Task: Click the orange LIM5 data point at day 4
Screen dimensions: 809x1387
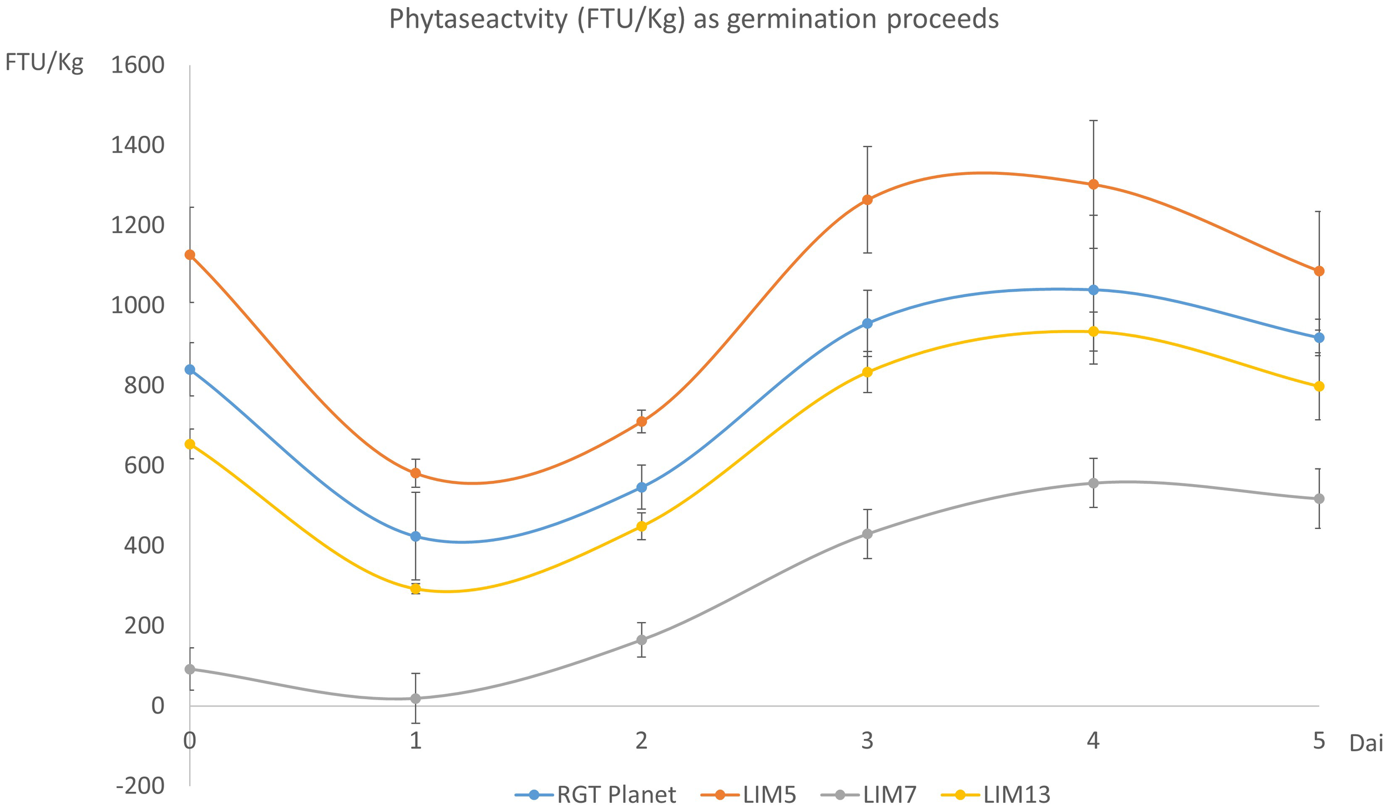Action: [1093, 184]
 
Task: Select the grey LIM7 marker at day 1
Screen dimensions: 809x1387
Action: [416, 698]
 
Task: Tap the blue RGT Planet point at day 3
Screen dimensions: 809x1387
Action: [867, 323]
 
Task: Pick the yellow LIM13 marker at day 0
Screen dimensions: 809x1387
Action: [190, 444]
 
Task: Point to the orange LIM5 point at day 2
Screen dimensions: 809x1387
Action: [641, 421]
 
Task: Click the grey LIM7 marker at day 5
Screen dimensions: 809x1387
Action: [1319, 498]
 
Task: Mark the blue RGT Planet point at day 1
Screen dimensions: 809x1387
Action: [416, 536]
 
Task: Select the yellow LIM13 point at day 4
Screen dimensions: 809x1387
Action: [1093, 332]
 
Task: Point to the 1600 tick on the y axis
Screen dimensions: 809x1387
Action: [138, 65]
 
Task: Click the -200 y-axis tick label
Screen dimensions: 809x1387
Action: [140, 785]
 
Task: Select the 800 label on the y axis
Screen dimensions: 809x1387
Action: [144, 385]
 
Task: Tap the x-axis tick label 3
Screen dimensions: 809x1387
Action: [867, 741]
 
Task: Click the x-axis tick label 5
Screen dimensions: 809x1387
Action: [1319, 741]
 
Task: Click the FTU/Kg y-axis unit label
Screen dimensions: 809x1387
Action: [44, 63]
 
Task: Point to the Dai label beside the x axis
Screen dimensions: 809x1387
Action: [1366, 744]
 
